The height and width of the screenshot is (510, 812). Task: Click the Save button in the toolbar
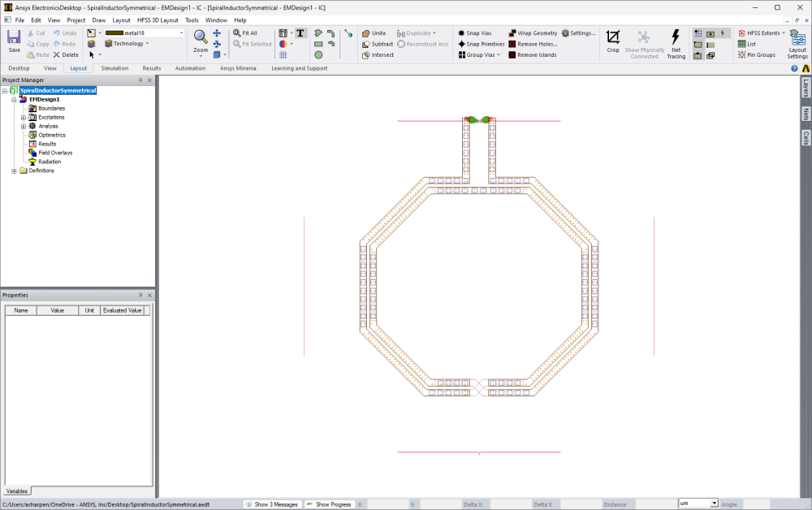coord(14,41)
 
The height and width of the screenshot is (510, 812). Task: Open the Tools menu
coord(192,19)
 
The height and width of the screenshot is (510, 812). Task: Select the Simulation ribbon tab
coord(114,68)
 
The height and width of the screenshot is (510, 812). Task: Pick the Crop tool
coord(613,41)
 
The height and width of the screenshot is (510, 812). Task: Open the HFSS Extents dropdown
coord(762,33)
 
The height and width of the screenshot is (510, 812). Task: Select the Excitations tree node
coord(51,117)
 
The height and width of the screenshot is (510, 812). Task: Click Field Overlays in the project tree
coord(55,153)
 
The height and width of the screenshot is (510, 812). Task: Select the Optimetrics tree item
coord(52,135)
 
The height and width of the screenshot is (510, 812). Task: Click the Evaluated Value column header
coord(122,310)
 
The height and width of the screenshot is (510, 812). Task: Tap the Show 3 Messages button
coord(271,504)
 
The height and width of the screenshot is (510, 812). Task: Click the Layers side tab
coord(806,88)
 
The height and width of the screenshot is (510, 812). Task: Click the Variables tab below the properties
coord(17,491)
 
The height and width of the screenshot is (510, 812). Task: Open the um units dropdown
coord(698,504)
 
